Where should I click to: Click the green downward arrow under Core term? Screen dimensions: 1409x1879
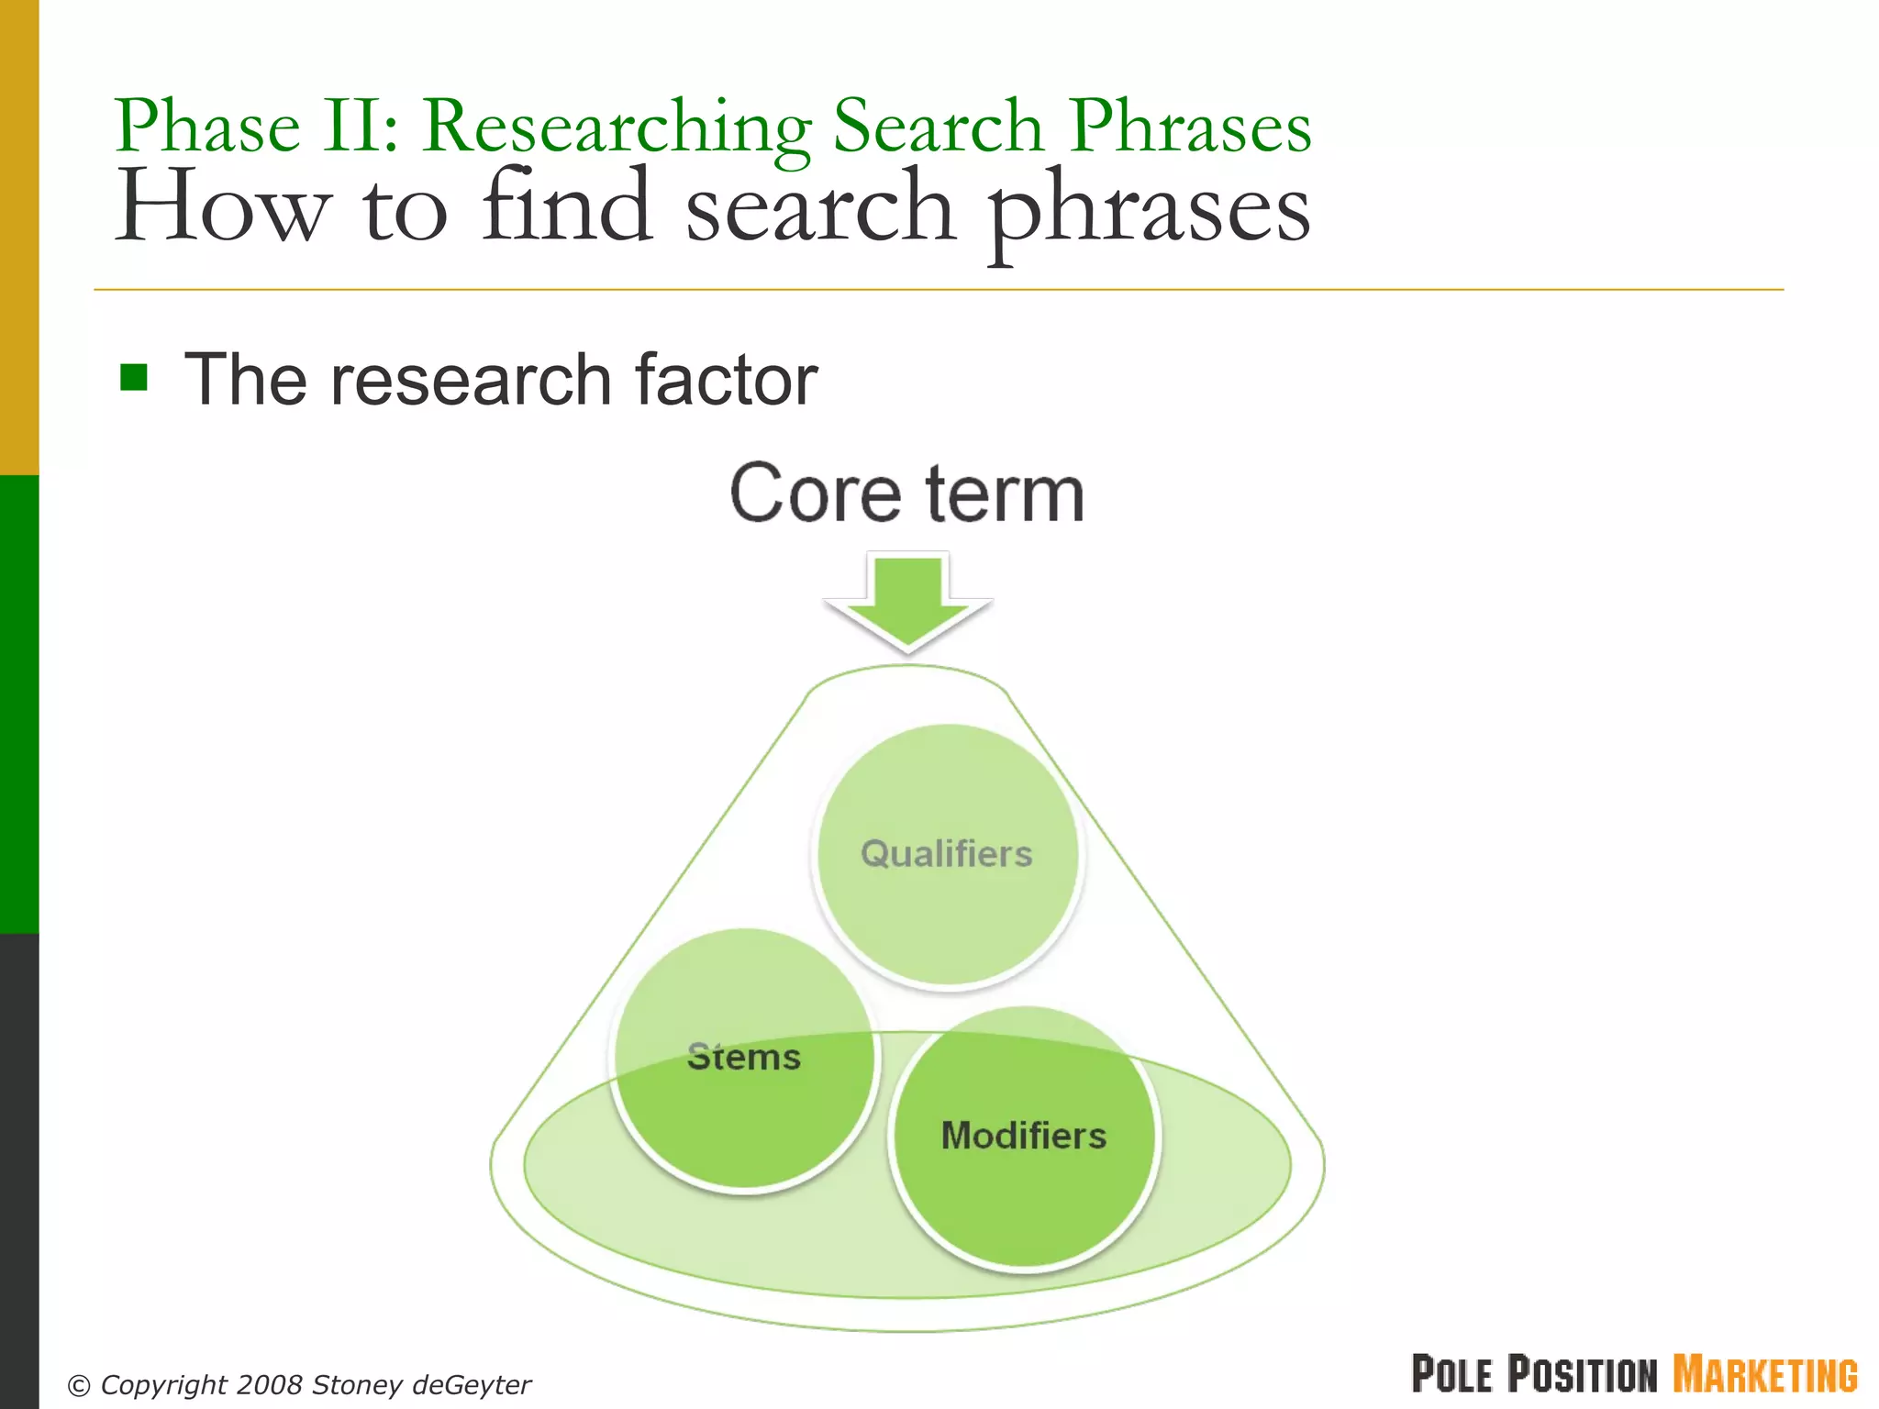(x=907, y=602)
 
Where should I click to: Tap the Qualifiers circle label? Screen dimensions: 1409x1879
(x=947, y=854)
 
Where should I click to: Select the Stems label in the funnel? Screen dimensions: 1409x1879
(x=744, y=1057)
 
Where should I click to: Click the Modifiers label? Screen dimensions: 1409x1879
(x=1024, y=1136)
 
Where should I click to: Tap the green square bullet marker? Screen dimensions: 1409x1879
(x=134, y=377)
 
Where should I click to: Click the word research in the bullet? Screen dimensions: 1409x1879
(x=470, y=380)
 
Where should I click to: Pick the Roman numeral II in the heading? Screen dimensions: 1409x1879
(x=361, y=127)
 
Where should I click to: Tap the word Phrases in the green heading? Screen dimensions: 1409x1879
(x=1190, y=127)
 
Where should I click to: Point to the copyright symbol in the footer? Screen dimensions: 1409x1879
(x=80, y=1385)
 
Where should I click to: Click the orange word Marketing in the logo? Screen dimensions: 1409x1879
(x=1765, y=1374)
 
